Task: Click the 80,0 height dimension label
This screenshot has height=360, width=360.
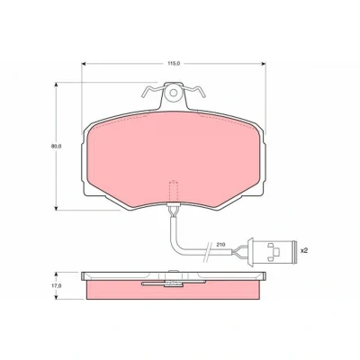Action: point(56,147)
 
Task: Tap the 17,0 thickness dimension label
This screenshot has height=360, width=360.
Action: point(57,286)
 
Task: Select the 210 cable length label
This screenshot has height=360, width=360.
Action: point(220,245)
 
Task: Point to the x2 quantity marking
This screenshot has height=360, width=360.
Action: point(304,250)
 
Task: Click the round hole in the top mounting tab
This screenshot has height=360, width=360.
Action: point(173,93)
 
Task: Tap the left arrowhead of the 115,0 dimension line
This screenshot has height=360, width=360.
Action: point(84,64)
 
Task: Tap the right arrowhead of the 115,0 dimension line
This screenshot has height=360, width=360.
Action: point(264,64)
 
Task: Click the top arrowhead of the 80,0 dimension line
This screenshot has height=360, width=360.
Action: point(56,85)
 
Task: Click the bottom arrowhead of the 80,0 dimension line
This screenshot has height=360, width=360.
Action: point(56,208)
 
